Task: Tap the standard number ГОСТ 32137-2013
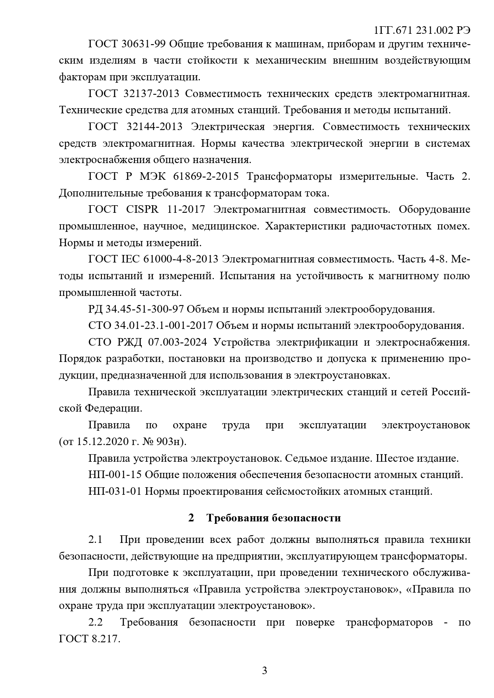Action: [x=134, y=93]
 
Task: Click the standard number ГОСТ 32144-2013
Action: [x=135, y=126]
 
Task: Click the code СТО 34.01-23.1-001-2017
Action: [x=150, y=326]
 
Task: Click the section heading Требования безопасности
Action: [x=273, y=518]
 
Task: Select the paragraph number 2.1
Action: [x=96, y=540]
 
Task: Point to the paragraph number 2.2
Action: [x=96, y=622]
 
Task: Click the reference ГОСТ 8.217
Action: [x=88, y=639]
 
